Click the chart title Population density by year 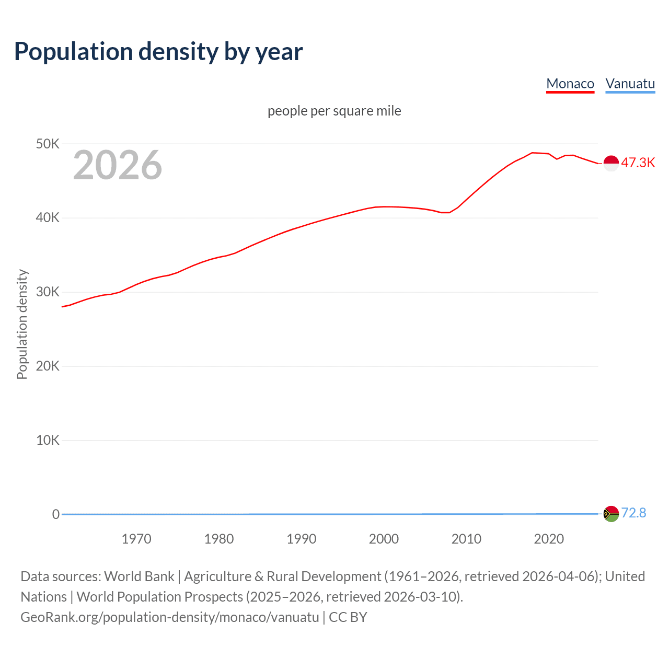[158, 52]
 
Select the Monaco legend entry [570, 84]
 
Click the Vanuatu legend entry [630, 84]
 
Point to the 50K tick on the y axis [48, 144]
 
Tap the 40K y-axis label [48, 218]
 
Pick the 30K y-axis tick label [48, 292]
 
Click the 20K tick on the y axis [48, 366]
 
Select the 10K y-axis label [48, 440]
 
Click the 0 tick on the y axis [55, 514]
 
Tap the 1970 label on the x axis [136, 539]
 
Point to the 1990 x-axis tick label [302, 539]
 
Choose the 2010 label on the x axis [466, 539]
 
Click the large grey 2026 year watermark [118, 165]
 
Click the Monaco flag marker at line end [611, 163]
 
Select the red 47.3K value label [638, 163]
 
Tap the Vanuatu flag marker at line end [611, 514]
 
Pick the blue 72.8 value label [633, 513]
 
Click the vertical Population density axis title [22, 324]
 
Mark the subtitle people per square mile [334, 111]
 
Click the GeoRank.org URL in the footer [170, 617]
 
